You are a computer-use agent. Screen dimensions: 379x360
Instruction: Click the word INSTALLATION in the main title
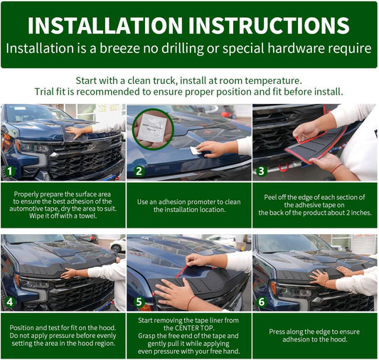coord(105,26)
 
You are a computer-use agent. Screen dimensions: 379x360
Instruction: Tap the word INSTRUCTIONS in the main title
coord(269,26)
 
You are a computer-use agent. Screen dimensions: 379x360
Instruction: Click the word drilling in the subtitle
coord(183,48)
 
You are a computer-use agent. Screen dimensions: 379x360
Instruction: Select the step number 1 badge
coord(10,171)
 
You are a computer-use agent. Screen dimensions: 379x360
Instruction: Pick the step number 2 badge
coord(139,171)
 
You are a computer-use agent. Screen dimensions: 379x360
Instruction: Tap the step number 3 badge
coord(261,171)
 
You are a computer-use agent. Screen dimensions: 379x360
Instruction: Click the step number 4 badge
coord(10,302)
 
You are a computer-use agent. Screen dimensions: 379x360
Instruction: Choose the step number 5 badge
coord(139,302)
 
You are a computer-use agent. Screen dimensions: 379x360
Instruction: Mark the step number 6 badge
coord(262,302)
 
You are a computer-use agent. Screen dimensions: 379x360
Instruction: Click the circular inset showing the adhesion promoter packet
coord(153,129)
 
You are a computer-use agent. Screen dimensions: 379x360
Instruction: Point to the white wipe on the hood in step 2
coord(196,150)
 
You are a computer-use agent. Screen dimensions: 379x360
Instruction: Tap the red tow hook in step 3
coord(284,167)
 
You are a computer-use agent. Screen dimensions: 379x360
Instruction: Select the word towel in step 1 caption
coord(88,216)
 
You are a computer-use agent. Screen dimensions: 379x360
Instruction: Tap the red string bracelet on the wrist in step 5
coord(191,302)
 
